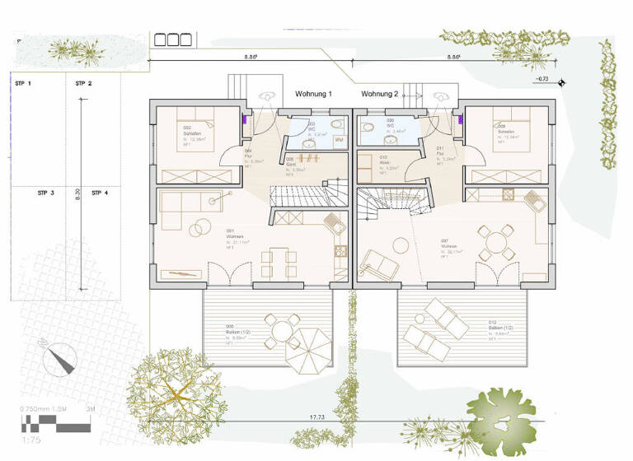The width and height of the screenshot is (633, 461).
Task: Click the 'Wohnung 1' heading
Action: pyautogui.click(x=313, y=95)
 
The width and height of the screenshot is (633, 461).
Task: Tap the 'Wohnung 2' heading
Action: pyautogui.click(x=379, y=95)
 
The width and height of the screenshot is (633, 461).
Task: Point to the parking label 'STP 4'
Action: pyautogui.click(x=101, y=193)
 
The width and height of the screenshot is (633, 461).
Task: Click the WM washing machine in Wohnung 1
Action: pyautogui.click(x=339, y=141)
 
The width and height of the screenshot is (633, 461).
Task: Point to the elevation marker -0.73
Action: pyautogui.click(x=542, y=79)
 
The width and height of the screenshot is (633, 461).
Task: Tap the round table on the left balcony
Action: pyautogui.click(x=282, y=332)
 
